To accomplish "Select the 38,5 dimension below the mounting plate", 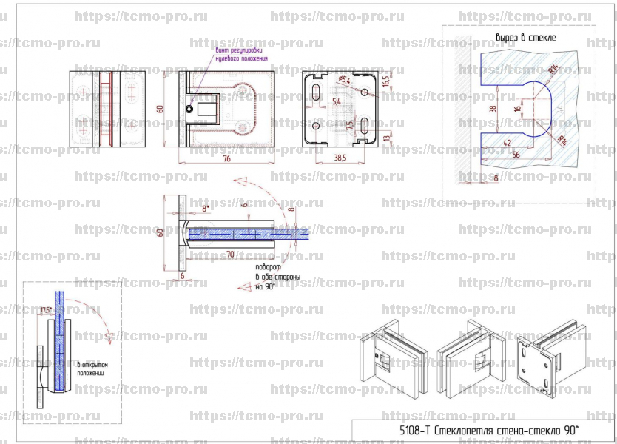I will point(341,158).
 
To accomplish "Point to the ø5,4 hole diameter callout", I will point(343,80).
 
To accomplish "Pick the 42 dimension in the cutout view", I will point(507,142).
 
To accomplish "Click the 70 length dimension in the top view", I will point(230,254).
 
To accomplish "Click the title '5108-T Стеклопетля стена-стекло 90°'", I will point(482,429).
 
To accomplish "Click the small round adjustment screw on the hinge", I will point(190,109).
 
